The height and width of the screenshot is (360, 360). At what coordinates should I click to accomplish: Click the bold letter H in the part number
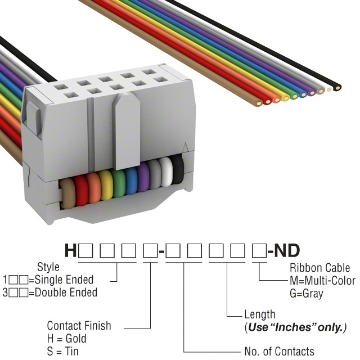(x=71, y=250)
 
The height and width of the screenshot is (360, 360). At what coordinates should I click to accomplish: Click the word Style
(x=48, y=267)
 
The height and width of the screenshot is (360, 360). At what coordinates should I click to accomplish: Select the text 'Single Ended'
(x=67, y=280)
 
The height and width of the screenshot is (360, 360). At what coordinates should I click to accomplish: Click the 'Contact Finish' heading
(x=79, y=326)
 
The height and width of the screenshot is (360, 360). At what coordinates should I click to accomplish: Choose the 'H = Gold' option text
(x=67, y=339)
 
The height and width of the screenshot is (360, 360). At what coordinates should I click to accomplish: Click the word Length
(x=260, y=314)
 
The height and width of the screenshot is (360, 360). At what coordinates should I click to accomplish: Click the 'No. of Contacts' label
(x=279, y=352)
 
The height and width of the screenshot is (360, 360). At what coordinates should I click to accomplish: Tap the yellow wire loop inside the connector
(x=106, y=186)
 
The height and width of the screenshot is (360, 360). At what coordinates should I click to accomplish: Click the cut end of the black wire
(x=337, y=88)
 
